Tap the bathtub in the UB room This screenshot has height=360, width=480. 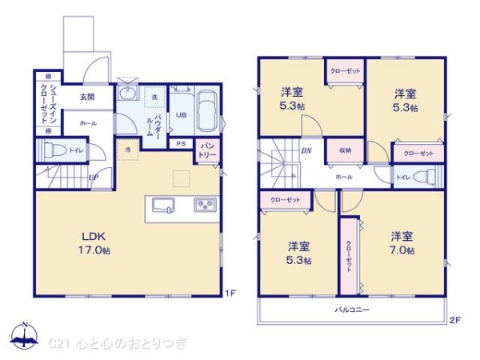pyautogui.click(x=206, y=112)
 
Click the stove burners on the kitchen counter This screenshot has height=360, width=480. pyautogui.click(x=203, y=206)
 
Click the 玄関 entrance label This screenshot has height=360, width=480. pyautogui.click(x=86, y=98)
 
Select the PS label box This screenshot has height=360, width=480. pyautogui.click(x=182, y=144)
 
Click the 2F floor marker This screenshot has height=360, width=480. pyautogui.click(x=454, y=321)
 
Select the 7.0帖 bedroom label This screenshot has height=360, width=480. pyautogui.click(x=402, y=243)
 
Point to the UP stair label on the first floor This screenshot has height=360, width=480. pyautogui.click(x=94, y=178)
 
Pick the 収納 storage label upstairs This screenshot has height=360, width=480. pyautogui.click(x=345, y=149)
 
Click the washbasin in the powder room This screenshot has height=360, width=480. pyautogui.click(x=126, y=94)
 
